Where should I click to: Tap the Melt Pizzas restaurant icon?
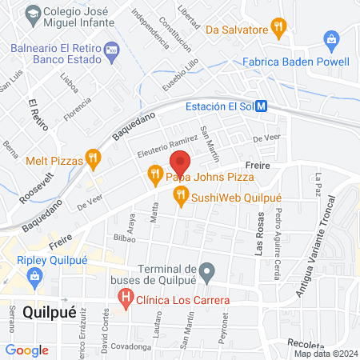coord(94,160)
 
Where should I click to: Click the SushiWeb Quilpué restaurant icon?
coord(181,193)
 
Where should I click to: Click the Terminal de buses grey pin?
coord(207,273)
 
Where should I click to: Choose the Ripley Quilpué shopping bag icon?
coord(34,277)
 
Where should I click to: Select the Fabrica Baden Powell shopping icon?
coord(331,38)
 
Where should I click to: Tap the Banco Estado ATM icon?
coord(111,50)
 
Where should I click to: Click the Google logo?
coord(27,350)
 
